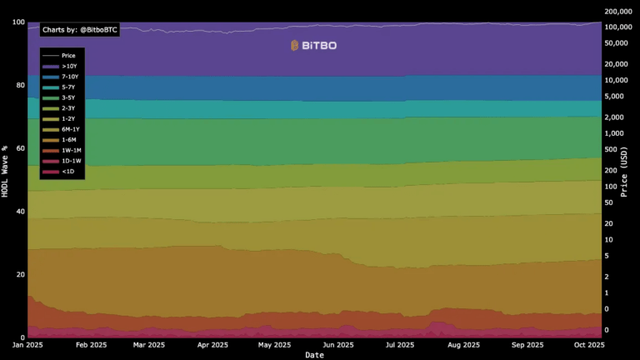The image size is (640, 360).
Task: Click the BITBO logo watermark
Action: click(313, 46)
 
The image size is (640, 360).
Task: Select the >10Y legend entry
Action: click(68, 66)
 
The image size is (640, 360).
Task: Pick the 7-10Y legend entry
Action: click(70, 77)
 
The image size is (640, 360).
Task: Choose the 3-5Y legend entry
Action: click(68, 97)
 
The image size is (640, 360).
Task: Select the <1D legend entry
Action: click(67, 172)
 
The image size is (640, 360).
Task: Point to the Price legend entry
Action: click(68, 55)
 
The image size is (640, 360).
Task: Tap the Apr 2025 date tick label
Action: click(212, 344)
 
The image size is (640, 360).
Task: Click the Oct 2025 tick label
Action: click(591, 344)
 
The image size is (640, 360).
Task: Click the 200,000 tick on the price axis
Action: click(620, 12)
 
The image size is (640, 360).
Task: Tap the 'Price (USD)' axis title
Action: click(634, 180)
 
